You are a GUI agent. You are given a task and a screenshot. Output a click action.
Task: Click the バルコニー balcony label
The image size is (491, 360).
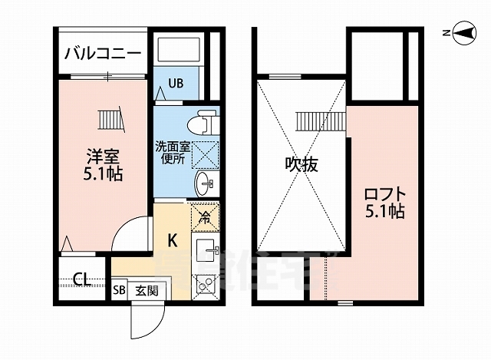102,53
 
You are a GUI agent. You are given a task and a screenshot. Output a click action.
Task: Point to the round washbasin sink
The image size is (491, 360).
204,183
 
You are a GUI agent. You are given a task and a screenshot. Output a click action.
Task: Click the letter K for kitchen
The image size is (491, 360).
173,241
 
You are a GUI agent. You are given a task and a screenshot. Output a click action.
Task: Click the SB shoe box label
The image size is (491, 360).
119,290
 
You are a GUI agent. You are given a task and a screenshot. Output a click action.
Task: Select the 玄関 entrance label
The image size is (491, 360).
147,290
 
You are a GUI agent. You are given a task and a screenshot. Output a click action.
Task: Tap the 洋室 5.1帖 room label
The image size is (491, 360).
102,163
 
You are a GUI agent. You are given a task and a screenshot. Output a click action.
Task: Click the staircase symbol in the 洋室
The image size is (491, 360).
110,120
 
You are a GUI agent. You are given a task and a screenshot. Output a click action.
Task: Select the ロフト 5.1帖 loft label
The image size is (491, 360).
384,201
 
